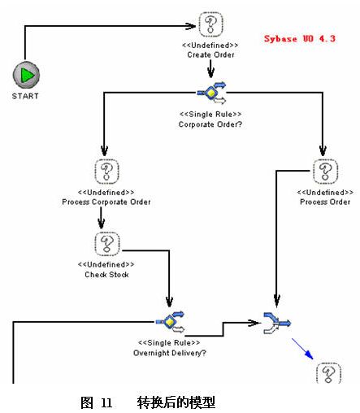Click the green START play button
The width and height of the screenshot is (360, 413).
26,75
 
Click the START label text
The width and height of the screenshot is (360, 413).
25,96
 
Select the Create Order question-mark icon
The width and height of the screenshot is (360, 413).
210,24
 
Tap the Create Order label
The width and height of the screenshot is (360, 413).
210,54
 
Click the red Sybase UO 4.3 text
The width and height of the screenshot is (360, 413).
300,39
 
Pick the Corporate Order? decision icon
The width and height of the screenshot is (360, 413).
211,93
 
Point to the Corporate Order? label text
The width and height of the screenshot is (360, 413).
210,124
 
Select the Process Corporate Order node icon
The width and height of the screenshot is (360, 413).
106,172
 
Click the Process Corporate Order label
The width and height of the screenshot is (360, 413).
106,202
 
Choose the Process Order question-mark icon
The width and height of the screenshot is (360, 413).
325,172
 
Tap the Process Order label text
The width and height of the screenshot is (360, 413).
325,202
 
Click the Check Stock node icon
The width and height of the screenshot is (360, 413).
107,244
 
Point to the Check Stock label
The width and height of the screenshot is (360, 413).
106,275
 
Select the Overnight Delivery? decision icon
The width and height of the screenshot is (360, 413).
170,322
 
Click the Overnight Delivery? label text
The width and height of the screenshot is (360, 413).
170,353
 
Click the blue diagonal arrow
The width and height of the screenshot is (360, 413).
302,349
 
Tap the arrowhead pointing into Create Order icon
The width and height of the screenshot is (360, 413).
191,26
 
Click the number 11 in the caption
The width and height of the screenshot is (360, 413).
106,403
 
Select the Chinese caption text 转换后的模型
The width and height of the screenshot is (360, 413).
176,402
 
